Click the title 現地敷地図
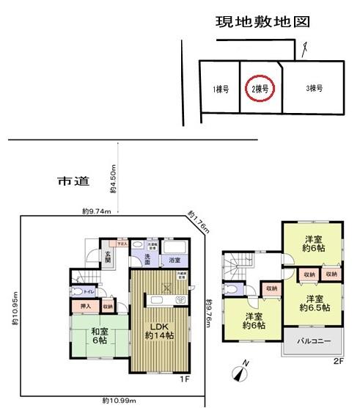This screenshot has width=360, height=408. (262, 22)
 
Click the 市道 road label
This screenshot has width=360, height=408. (68, 180)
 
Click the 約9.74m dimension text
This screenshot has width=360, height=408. (97, 212)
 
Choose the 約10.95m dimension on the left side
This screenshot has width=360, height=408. (15, 310)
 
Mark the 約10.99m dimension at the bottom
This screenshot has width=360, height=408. (117, 401)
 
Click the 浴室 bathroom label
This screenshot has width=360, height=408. (175, 261)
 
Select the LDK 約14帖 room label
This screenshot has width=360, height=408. (158, 330)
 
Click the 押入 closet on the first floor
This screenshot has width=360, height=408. (84, 305)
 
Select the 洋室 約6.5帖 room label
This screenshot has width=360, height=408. (315, 303)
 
